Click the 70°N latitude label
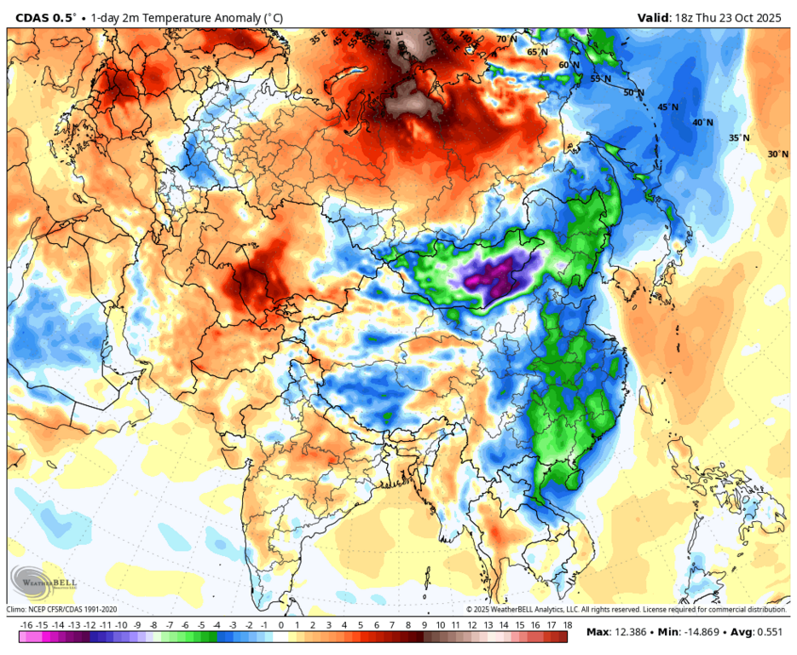[506, 39]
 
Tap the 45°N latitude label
[668, 107]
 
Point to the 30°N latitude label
[777, 154]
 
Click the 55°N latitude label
[601, 78]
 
